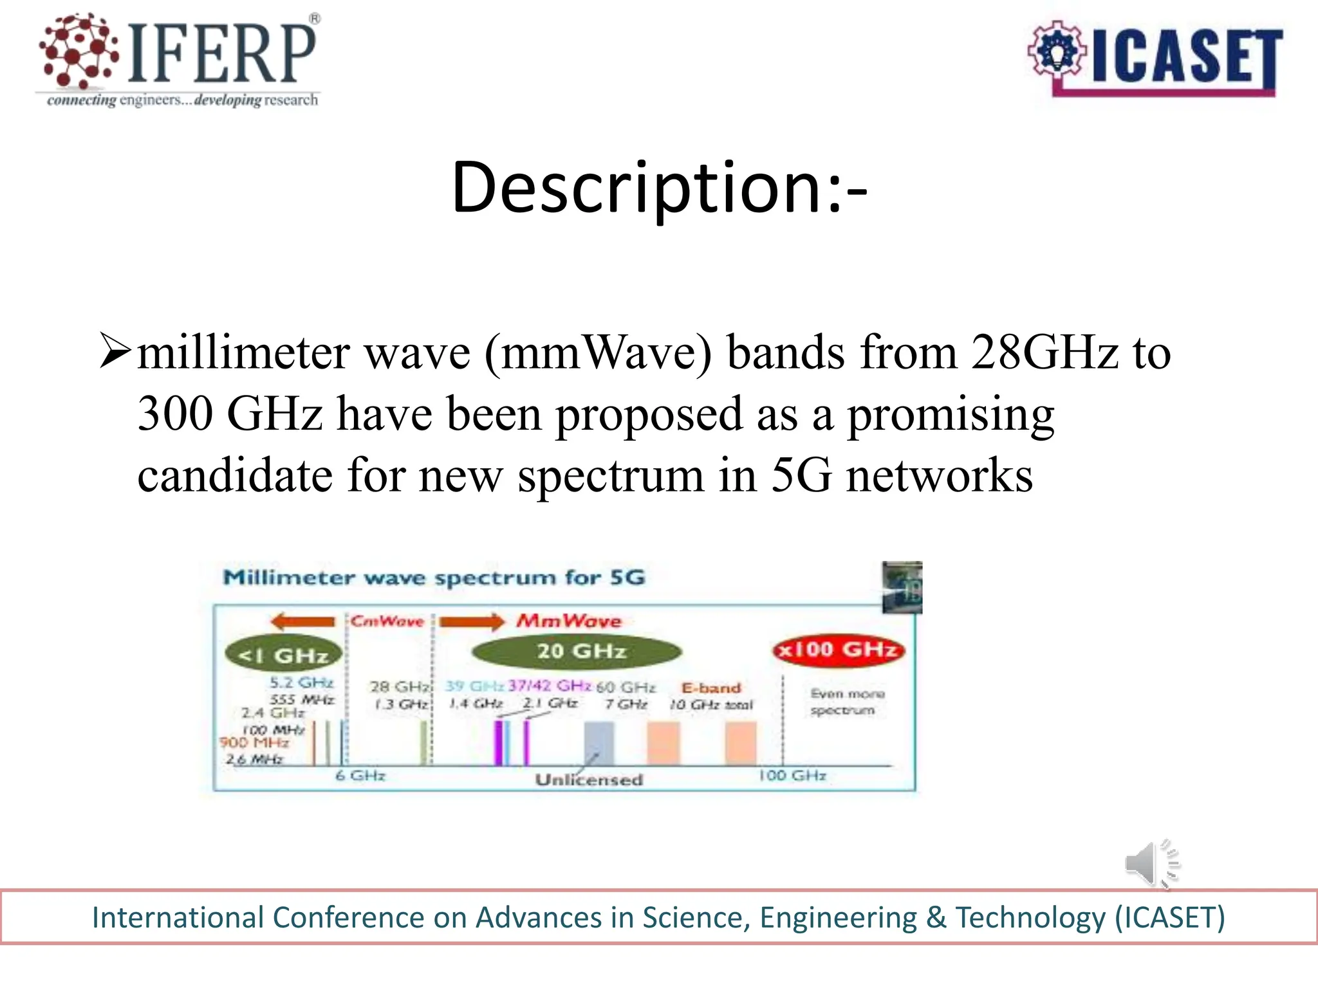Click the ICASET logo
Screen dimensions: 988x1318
pos(1155,59)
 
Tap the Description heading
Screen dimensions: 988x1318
pos(659,188)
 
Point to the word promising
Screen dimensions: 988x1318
pos(951,415)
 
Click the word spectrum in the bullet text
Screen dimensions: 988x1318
pos(611,476)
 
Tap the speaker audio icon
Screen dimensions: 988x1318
pos(1152,864)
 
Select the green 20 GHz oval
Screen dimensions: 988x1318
pos(577,652)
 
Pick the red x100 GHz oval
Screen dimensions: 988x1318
pos(838,650)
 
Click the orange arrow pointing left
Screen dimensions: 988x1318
pos(303,621)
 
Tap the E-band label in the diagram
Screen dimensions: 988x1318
pos(711,688)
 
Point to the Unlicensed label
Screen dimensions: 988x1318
pos(589,780)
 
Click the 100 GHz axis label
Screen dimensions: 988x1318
pos(792,776)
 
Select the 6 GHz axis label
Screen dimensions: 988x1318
pos(360,776)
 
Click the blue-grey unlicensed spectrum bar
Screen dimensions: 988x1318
pos(599,743)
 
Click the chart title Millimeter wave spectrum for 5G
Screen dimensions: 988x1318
pos(434,578)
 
